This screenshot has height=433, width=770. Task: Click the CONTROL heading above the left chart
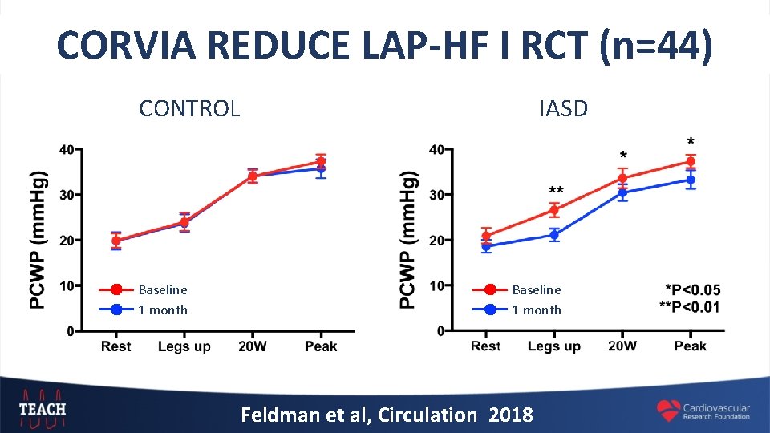pyautogui.click(x=189, y=108)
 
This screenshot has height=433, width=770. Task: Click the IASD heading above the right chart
pyautogui.click(x=563, y=108)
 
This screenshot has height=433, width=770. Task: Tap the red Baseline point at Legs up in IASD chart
pyautogui.click(x=554, y=210)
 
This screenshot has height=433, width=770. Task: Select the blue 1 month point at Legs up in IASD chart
pyautogui.click(x=554, y=235)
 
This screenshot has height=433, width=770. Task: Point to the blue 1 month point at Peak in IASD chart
pyautogui.click(x=691, y=180)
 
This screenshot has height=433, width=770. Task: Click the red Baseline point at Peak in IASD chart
pyautogui.click(x=691, y=161)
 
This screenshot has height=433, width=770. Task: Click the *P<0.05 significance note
pyautogui.click(x=692, y=290)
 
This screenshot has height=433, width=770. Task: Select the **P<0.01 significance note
pyautogui.click(x=689, y=307)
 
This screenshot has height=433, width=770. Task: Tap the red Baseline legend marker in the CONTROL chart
pyautogui.click(x=117, y=289)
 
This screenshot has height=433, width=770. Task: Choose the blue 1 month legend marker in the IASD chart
pyautogui.click(x=491, y=310)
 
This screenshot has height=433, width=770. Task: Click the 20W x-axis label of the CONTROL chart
pyautogui.click(x=252, y=346)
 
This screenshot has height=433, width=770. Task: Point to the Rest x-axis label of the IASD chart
pyautogui.click(x=486, y=346)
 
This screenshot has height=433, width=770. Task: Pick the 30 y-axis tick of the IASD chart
pyautogui.click(x=437, y=195)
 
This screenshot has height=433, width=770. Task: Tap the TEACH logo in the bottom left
pyautogui.click(x=43, y=408)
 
